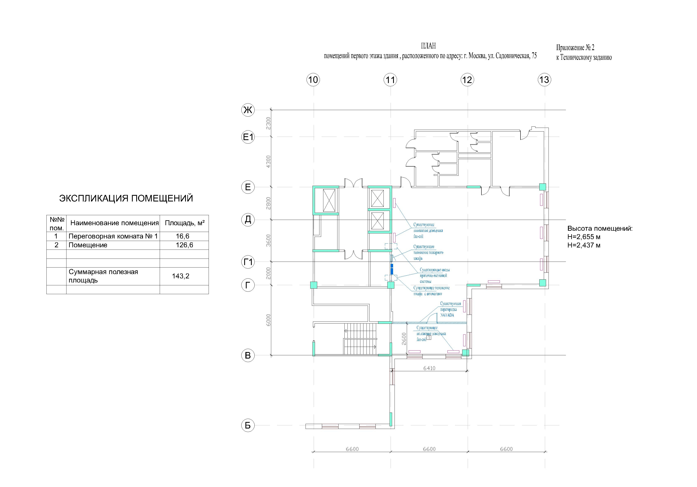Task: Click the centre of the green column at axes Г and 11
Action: pyautogui.click(x=391, y=285)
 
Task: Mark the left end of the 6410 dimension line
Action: pyautogui.click(x=393, y=371)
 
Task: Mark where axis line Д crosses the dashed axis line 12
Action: pyautogui.click(x=468, y=219)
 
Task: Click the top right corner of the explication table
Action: pyautogui.click(x=209, y=215)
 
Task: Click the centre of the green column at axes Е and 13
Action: pyautogui.click(x=542, y=187)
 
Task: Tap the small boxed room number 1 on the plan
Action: pyautogui.click(x=429, y=337)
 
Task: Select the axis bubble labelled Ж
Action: pyautogui.click(x=248, y=110)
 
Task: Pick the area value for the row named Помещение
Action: pyautogui.click(x=184, y=245)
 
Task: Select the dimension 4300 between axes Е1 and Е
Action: pyautogui.click(x=268, y=162)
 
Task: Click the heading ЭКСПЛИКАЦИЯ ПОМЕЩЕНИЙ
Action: pyautogui.click(x=126, y=198)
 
